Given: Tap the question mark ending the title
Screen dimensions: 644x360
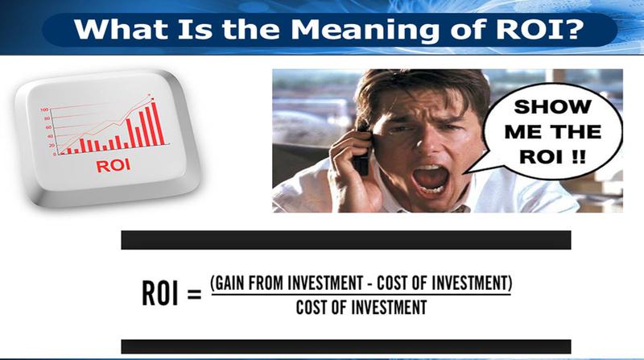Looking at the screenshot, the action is coord(573,28).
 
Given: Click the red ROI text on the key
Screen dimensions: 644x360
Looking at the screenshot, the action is coord(114,166).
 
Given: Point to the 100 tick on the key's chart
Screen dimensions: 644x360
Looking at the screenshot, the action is coord(44,110).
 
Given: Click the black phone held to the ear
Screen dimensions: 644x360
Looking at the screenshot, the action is coord(362,151).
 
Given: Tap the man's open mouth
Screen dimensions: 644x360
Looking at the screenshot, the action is coord(431,179).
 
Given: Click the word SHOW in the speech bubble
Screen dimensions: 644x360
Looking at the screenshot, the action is coord(552,107).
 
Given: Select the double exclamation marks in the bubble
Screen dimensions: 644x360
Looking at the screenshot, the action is coord(579,156).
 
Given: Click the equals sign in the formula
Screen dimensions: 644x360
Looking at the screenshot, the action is coord(194,294).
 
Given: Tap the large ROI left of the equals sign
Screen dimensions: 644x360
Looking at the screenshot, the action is coord(160,293).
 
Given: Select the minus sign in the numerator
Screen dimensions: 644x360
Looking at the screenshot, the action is coord(369,283).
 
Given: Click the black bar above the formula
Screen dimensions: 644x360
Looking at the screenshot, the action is coord(346,240).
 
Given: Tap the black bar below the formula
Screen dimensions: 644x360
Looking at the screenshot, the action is coord(346,346).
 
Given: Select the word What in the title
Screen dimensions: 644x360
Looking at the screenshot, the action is coord(122,28).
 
